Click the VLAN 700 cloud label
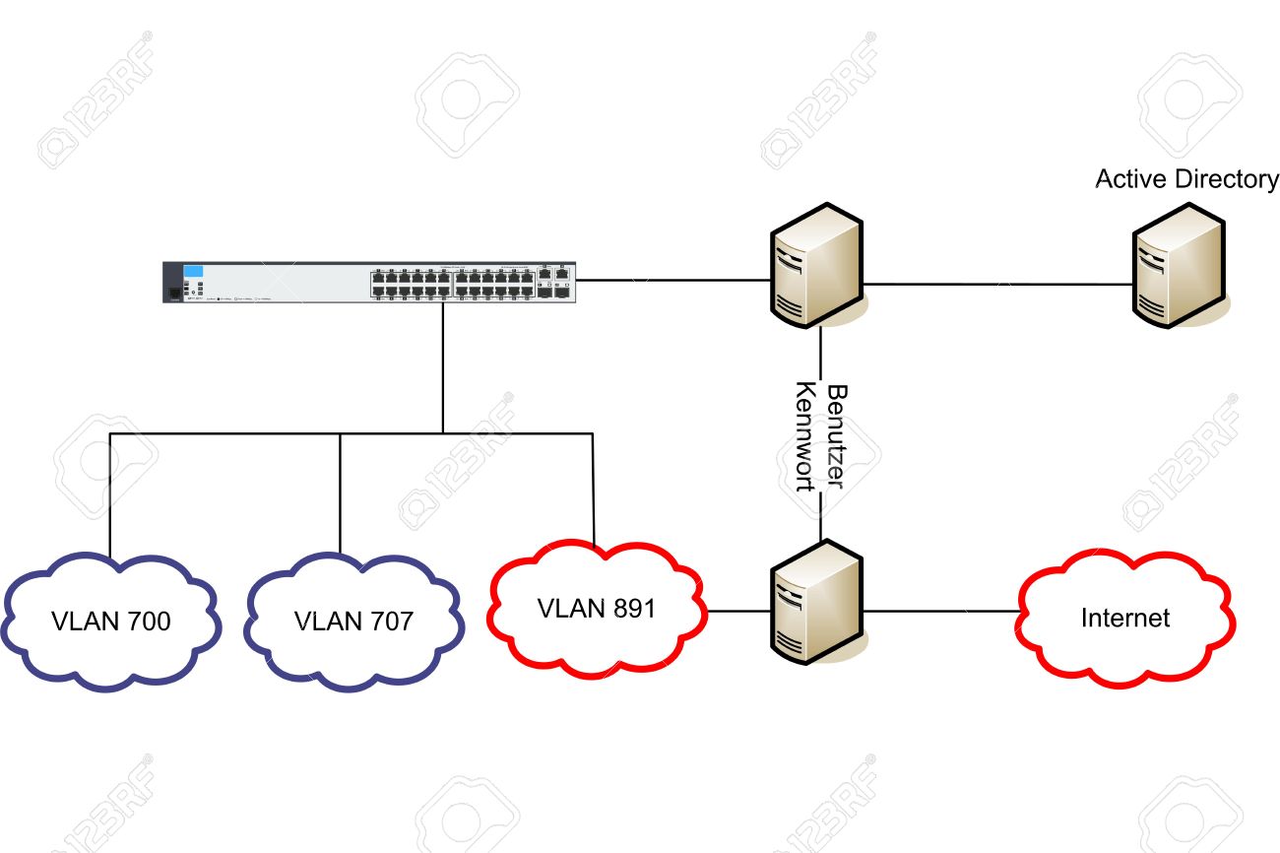(111, 622)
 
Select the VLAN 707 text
(353, 622)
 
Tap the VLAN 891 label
(597, 609)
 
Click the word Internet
(1125, 618)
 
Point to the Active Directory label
(1186, 179)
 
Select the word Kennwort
(805, 436)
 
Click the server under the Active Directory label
(1180, 265)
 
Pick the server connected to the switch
(817, 265)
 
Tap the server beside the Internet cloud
(817, 602)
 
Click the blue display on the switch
(193, 271)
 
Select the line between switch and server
(673, 280)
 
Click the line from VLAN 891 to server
(738, 611)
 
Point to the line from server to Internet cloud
(941, 611)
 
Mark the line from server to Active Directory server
(998, 284)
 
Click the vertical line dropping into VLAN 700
(109, 495)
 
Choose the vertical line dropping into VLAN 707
(340, 493)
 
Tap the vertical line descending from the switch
(443, 368)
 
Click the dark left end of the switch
(172, 283)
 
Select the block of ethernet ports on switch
(453, 284)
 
